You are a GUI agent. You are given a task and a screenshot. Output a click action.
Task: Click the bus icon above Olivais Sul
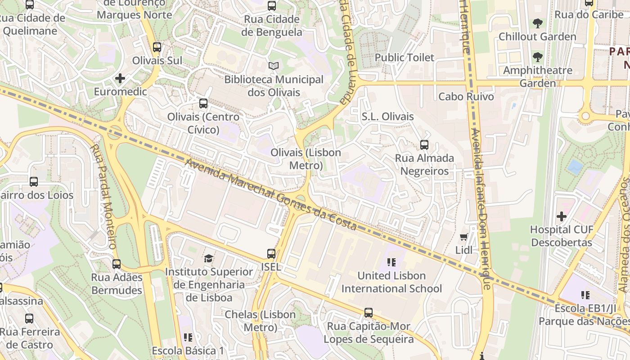point(157,47)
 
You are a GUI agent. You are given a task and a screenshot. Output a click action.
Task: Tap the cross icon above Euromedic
point(120,79)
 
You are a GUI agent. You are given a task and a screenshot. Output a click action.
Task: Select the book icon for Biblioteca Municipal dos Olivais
point(274,66)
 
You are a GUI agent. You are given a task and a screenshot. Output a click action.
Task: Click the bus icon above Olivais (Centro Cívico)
point(203,103)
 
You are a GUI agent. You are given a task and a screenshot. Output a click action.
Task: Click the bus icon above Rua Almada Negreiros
point(424,145)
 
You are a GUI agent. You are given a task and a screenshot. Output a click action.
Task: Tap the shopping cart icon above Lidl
point(464,237)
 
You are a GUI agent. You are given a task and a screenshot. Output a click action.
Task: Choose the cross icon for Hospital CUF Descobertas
point(562,216)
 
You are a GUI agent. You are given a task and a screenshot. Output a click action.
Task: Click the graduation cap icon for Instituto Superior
point(208,259)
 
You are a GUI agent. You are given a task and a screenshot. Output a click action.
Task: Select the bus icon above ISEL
point(271,254)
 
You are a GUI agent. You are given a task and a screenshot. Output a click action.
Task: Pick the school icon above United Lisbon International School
point(391,262)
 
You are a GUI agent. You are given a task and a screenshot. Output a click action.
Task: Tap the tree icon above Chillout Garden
point(537,23)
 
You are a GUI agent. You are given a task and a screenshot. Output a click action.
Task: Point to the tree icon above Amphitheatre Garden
point(537,57)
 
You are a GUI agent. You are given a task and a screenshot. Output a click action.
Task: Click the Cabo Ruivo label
point(466,97)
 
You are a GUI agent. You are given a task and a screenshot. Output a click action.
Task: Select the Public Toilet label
point(405,58)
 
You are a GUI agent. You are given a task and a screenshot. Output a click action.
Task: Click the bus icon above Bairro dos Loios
point(34,182)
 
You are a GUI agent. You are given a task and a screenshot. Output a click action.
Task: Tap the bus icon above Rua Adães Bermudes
point(117,264)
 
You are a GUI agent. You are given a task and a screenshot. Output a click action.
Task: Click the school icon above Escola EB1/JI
point(585,295)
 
